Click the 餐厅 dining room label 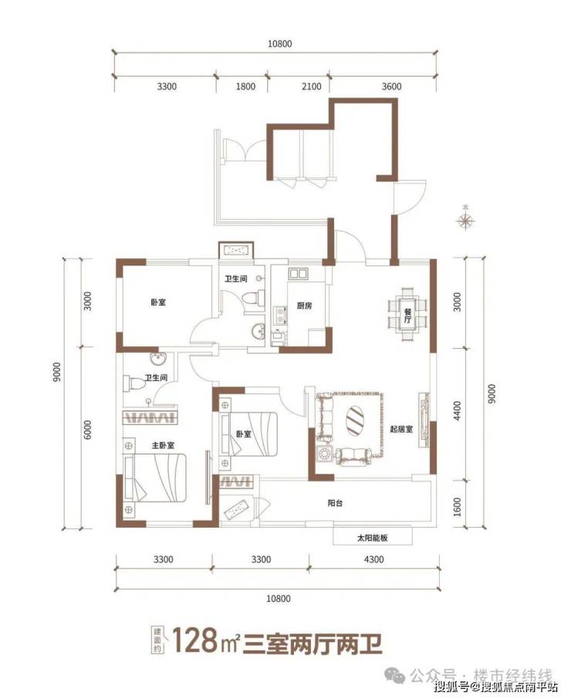click(x=407, y=316)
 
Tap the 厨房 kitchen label click(x=305, y=306)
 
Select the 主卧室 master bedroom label click(x=163, y=445)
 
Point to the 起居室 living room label click(x=401, y=429)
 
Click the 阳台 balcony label click(x=335, y=503)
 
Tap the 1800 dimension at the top click(x=245, y=86)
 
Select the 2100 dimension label click(x=311, y=86)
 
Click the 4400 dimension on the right click(x=458, y=410)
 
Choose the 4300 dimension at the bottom click(x=373, y=559)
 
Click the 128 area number click(x=194, y=640)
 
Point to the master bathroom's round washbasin click(x=157, y=359)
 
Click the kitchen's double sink click(x=297, y=273)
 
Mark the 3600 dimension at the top click(x=391, y=86)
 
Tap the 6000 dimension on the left click(x=87, y=430)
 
